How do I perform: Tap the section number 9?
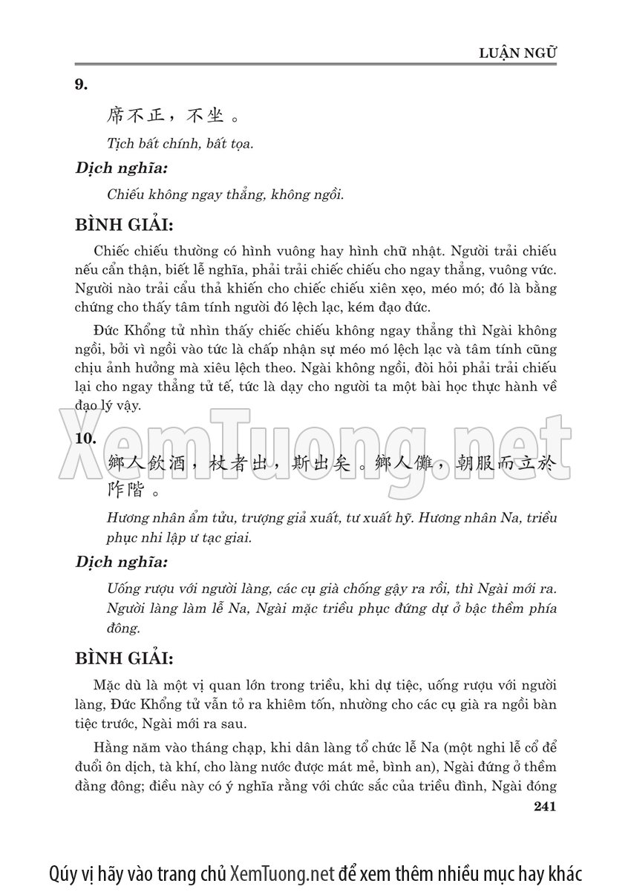(x=82, y=85)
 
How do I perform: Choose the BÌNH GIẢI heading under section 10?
(x=125, y=657)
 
